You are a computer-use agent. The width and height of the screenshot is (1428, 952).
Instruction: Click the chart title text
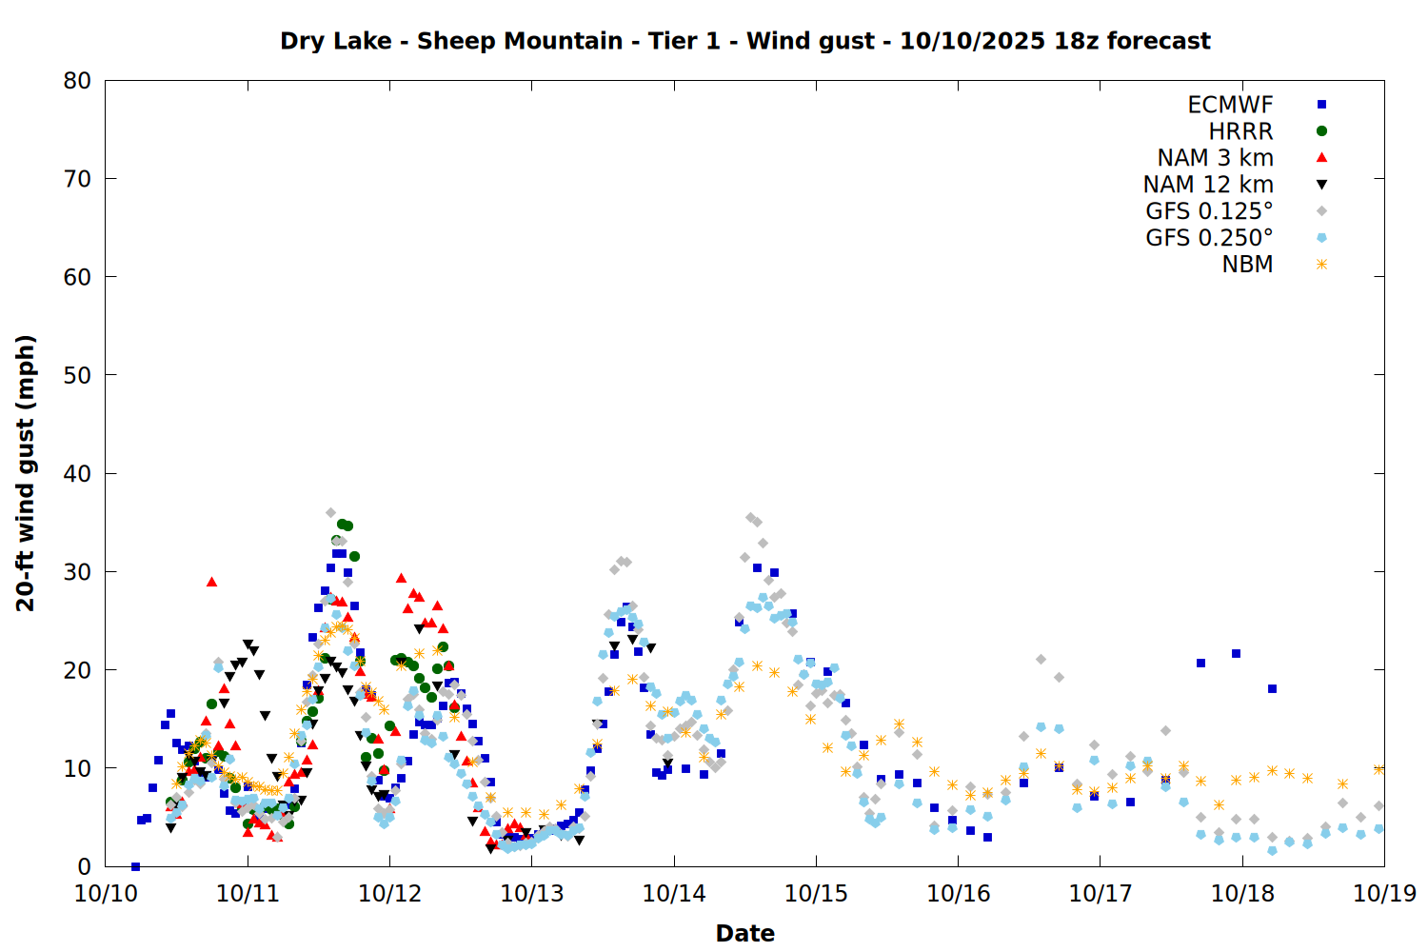click(744, 41)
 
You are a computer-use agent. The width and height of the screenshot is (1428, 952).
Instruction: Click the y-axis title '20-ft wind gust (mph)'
click(26, 473)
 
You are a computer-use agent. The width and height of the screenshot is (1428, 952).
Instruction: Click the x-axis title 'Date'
click(744, 933)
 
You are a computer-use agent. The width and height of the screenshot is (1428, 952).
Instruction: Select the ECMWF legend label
click(1230, 105)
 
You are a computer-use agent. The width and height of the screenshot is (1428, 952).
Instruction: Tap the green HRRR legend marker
click(1321, 131)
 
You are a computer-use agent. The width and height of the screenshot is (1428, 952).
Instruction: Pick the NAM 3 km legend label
click(1215, 158)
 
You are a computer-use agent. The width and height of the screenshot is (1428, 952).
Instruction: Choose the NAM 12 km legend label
click(1208, 185)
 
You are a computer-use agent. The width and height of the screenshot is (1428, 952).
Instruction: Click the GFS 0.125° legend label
click(1209, 211)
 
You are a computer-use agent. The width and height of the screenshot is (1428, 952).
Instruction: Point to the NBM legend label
click(1247, 265)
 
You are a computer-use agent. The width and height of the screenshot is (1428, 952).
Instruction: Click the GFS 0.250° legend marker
click(1321, 238)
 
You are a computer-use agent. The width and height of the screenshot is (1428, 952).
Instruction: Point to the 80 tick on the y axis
click(77, 81)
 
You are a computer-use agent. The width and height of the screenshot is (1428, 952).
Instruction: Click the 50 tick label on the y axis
click(77, 375)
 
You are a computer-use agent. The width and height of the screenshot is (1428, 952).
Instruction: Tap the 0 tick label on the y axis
click(85, 866)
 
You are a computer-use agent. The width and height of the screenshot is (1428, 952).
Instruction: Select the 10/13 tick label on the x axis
click(532, 893)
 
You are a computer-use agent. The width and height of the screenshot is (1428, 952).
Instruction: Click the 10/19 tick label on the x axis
click(1384, 893)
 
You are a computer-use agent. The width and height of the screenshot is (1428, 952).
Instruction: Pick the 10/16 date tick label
click(958, 893)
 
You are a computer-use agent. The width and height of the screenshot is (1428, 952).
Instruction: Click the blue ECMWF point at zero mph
click(135, 866)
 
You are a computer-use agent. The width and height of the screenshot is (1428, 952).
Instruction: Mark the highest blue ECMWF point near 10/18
click(1236, 653)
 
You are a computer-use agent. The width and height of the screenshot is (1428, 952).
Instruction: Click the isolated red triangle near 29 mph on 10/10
click(211, 582)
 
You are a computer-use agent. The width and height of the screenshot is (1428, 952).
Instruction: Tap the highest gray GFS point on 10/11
click(331, 513)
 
